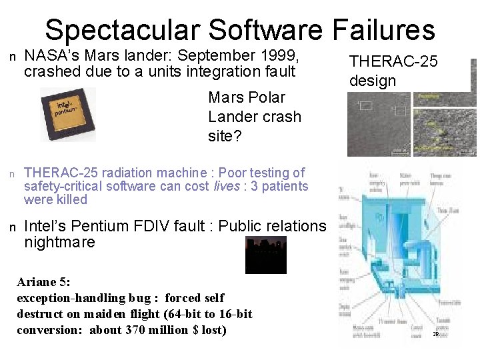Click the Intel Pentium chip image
point(67,114)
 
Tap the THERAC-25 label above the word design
point(393,61)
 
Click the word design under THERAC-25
point(373,81)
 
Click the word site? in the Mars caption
point(223,136)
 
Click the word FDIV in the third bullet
point(169,226)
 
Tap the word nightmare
point(59,242)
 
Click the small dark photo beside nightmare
point(266,255)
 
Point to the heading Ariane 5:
point(43,282)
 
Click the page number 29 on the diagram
point(435,333)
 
